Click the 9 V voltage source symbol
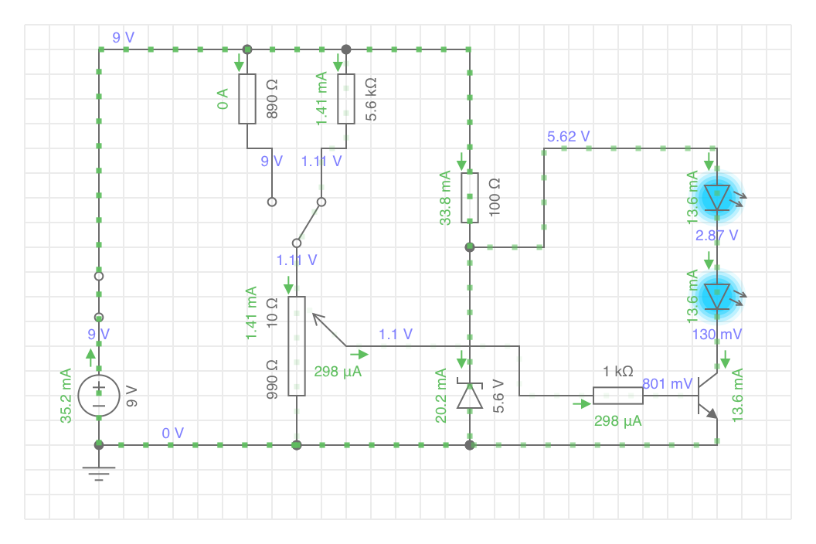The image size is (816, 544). pos(99,396)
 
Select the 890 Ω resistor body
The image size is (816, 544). pos(247,99)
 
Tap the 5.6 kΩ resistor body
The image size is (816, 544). pos(346,99)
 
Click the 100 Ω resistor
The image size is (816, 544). pos(470,198)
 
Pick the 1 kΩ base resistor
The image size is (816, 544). pos(618,396)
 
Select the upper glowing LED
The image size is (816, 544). pos(718,198)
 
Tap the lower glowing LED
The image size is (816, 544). pos(718,296)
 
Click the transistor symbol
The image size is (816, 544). pos(708,396)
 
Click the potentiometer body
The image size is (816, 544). pos(297,346)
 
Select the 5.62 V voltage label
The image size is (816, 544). pos(568,137)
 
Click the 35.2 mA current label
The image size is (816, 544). pos(66,396)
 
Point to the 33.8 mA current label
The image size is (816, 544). pos(445,198)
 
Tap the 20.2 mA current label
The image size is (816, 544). pos(440,396)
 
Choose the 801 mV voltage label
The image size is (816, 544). pos(667,384)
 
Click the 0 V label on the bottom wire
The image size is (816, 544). pos(173,433)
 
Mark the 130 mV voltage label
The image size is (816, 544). pos(717,335)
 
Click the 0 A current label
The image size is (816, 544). pos(223,99)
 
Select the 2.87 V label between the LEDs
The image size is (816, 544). pos(716,236)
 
